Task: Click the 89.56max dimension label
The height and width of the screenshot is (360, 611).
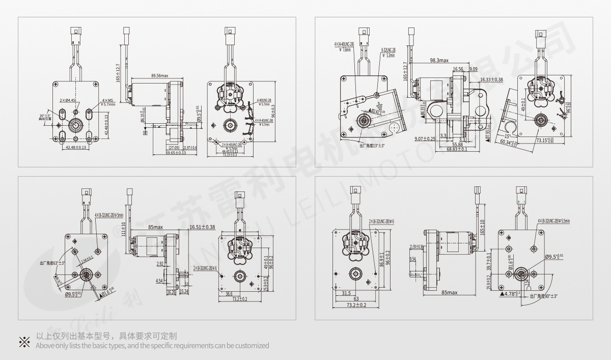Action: (159, 75)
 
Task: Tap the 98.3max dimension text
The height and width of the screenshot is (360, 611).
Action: (439, 60)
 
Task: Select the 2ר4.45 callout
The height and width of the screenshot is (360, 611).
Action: (68, 100)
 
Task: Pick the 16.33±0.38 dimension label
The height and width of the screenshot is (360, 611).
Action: (491, 80)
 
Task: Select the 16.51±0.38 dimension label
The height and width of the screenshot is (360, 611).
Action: (202, 227)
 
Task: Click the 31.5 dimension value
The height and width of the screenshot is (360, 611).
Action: (347, 293)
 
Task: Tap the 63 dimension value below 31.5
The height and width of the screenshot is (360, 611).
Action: (356, 299)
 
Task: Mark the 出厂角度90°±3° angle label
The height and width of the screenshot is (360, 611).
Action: (544, 296)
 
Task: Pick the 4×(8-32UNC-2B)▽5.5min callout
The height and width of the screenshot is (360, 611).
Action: (553, 221)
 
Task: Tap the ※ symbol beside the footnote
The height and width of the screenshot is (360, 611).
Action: (24, 341)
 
